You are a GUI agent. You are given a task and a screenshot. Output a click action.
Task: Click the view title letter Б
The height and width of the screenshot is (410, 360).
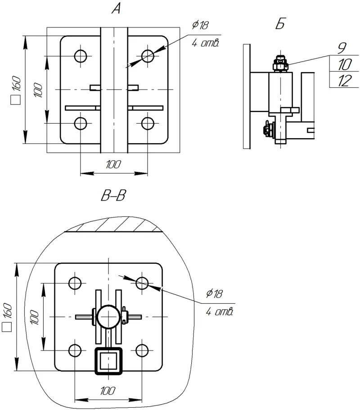click(x=279, y=25)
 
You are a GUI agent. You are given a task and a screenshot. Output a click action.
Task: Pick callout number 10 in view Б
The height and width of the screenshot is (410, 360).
click(x=343, y=64)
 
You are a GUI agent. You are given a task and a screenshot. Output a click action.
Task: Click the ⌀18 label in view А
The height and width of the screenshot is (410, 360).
click(x=200, y=25)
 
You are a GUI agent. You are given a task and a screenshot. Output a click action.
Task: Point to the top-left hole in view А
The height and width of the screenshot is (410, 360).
click(x=81, y=56)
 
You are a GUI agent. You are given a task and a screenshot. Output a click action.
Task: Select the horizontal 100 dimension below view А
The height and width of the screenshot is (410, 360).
click(x=113, y=165)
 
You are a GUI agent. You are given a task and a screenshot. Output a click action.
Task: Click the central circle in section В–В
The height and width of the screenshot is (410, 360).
click(x=108, y=317)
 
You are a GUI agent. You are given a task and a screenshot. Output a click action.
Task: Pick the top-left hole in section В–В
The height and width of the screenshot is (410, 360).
click(x=75, y=283)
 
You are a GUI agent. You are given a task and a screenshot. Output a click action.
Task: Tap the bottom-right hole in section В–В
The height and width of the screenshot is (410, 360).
click(x=142, y=350)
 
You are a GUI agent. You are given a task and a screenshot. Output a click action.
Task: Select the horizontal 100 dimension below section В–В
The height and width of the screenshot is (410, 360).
click(x=107, y=391)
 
